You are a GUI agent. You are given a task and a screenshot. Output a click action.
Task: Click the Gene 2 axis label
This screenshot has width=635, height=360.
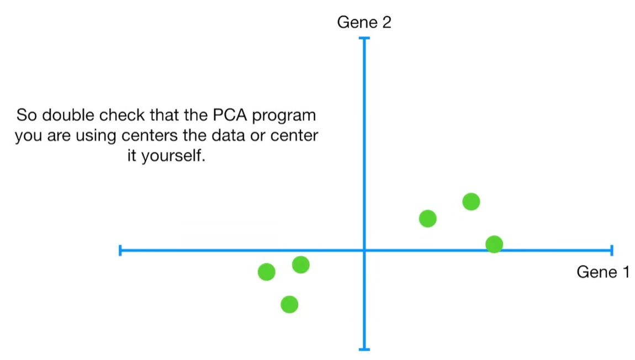[364, 23]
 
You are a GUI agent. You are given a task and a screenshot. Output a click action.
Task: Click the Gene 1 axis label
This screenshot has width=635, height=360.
[602, 272]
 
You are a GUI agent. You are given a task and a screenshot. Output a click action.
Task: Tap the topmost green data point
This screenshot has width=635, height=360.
[471, 202]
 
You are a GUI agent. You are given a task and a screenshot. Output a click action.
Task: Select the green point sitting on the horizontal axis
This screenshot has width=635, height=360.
[494, 243]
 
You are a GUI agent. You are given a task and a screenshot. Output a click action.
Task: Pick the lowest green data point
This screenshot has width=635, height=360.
[289, 304]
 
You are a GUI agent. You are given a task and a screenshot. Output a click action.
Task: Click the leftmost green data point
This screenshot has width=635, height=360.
[266, 272]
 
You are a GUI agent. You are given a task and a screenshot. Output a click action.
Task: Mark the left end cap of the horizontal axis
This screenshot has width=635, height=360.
[120, 251]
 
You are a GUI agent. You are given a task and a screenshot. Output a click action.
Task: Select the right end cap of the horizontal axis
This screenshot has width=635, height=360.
[611, 251]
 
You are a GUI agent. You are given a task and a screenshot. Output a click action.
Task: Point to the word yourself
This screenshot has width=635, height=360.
[173, 156]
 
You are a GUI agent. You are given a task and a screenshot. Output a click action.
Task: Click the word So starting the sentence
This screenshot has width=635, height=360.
[27, 116]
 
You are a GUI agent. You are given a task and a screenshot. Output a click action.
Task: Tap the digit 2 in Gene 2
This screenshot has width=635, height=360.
[387, 23]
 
